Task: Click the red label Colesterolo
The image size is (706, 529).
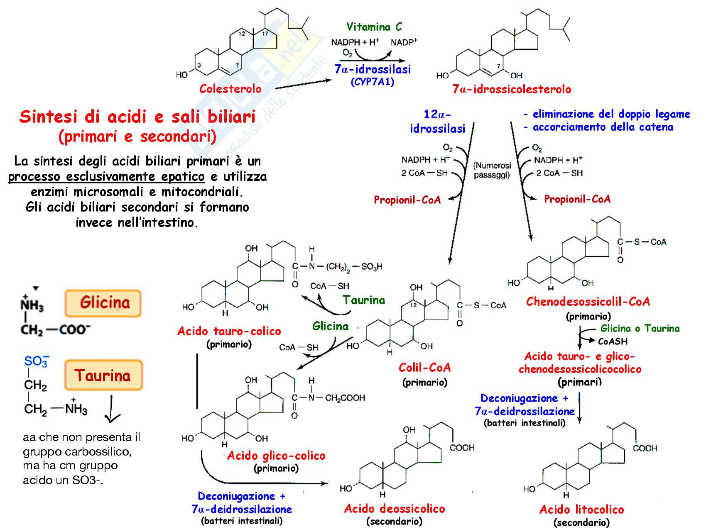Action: point(230,89)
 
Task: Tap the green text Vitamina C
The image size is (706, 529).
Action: point(374,27)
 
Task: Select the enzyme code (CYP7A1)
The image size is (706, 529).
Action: point(373,82)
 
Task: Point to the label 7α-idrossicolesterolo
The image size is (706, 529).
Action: point(512,89)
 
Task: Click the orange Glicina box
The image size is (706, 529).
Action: point(103,303)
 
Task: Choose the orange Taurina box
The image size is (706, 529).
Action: point(103,375)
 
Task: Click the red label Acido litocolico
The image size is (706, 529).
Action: point(581,509)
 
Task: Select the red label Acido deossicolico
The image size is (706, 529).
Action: point(394,509)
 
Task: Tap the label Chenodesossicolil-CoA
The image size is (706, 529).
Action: point(588,302)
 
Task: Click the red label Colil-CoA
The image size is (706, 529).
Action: point(424,368)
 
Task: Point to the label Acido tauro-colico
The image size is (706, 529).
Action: point(229,331)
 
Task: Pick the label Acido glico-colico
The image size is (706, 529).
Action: point(276,456)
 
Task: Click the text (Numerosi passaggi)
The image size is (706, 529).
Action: point(492,170)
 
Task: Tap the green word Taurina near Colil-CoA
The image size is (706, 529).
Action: point(364,300)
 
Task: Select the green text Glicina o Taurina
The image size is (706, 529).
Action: point(640,329)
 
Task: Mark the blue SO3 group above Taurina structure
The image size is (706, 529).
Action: point(37,361)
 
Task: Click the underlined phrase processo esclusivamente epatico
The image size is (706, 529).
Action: point(106,177)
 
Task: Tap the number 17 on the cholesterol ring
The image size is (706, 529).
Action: point(265,34)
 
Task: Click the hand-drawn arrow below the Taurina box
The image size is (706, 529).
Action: point(112,411)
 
